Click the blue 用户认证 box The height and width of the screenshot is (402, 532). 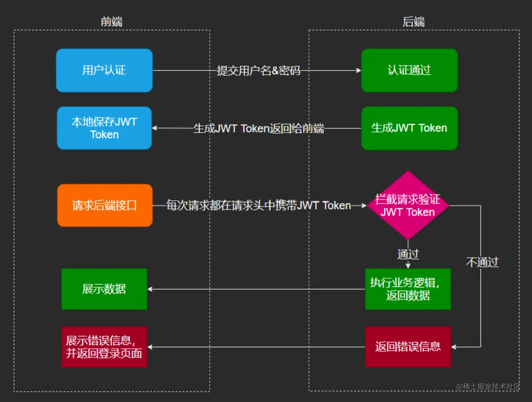click(104, 70)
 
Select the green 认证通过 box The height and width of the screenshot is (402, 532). click(409, 70)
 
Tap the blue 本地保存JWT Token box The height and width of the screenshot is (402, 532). click(104, 128)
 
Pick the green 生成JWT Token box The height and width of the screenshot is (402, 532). click(409, 128)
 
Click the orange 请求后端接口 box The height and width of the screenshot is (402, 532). click(104, 205)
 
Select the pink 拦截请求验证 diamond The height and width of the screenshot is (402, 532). click(408, 205)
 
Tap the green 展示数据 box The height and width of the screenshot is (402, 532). click(104, 289)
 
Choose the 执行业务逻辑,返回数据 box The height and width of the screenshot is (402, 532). click(407, 289)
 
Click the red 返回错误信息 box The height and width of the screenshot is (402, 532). click(407, 347)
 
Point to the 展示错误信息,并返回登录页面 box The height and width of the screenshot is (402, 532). click(104, 347)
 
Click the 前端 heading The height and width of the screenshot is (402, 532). click(111, 21)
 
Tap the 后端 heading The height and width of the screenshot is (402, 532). click(413, 21)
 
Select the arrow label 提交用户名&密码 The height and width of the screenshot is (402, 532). click(258, 71)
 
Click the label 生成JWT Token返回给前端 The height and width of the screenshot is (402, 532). click(258, 128)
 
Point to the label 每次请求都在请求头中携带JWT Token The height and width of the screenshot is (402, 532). click(258, 205)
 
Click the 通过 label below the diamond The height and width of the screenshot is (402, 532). click(408, 254)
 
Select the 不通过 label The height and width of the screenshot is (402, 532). click(482, 262)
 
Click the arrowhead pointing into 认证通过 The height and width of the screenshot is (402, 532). click(358, 70)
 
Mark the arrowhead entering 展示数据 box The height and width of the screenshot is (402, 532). click(150, 289)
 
